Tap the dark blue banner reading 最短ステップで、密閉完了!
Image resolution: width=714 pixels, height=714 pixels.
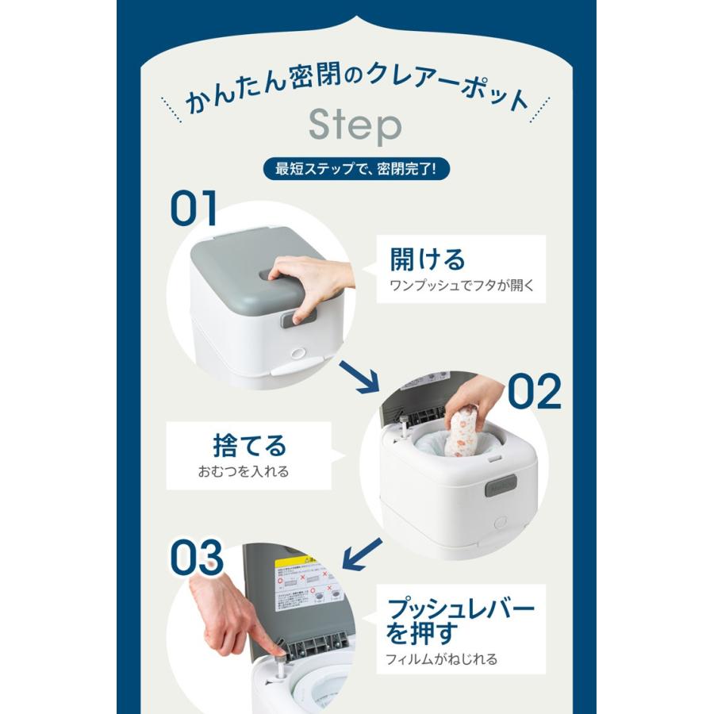(356, 170)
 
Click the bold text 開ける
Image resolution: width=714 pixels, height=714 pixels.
(427, 259)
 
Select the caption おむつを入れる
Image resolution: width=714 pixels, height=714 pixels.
(244, 471)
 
